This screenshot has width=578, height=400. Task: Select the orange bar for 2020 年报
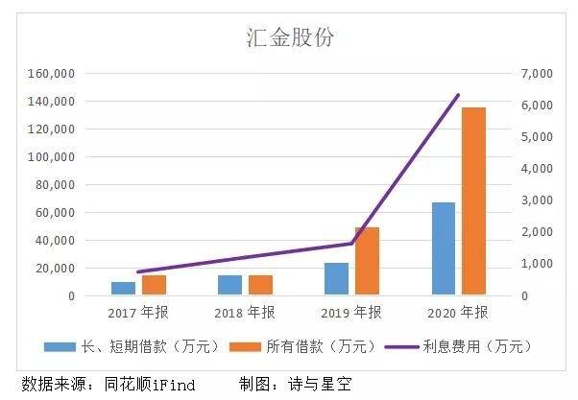(473, 201)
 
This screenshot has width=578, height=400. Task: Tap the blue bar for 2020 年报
(444, 248)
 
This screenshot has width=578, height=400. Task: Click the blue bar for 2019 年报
(336, 278)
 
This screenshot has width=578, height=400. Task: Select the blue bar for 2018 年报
(229, 285)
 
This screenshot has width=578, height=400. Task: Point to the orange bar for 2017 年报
(154, 285)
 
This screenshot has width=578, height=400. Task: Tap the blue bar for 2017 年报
(123, 288)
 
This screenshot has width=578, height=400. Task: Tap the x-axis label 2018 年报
(245, 313)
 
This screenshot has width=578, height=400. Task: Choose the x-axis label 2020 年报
(458, 313)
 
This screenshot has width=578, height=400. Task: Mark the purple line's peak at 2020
(458, 95)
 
